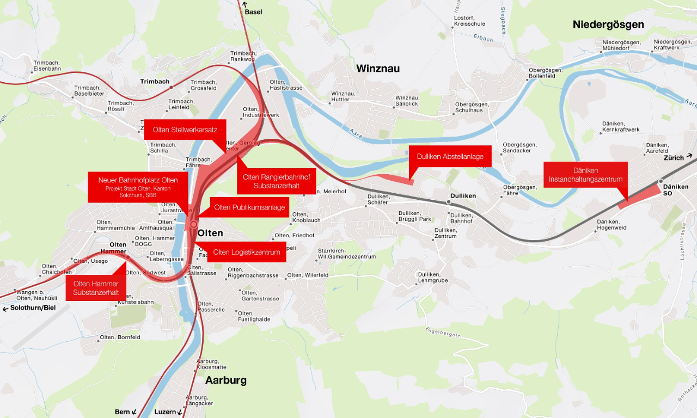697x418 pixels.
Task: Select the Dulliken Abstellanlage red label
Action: pos(450,156)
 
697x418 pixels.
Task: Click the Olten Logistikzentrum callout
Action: pos(247,252)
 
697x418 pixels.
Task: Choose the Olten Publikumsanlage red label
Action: pos(249,207)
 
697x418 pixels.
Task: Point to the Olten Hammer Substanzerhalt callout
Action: pos(96,288)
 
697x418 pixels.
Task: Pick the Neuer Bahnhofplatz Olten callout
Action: pos(138,187)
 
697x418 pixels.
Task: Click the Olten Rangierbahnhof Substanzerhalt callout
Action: pos(276,181)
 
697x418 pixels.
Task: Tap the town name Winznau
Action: pos(378,69)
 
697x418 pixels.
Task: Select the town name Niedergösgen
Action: pos(608,24)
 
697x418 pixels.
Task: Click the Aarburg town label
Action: pos(225,380)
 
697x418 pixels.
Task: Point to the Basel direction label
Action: pos(253,11)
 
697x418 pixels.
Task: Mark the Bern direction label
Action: pos(123,412)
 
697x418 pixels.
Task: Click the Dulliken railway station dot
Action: pos(449,202)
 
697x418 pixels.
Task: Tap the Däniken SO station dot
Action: pos(661,181)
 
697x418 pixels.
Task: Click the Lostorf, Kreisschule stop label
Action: pos(469,21)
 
